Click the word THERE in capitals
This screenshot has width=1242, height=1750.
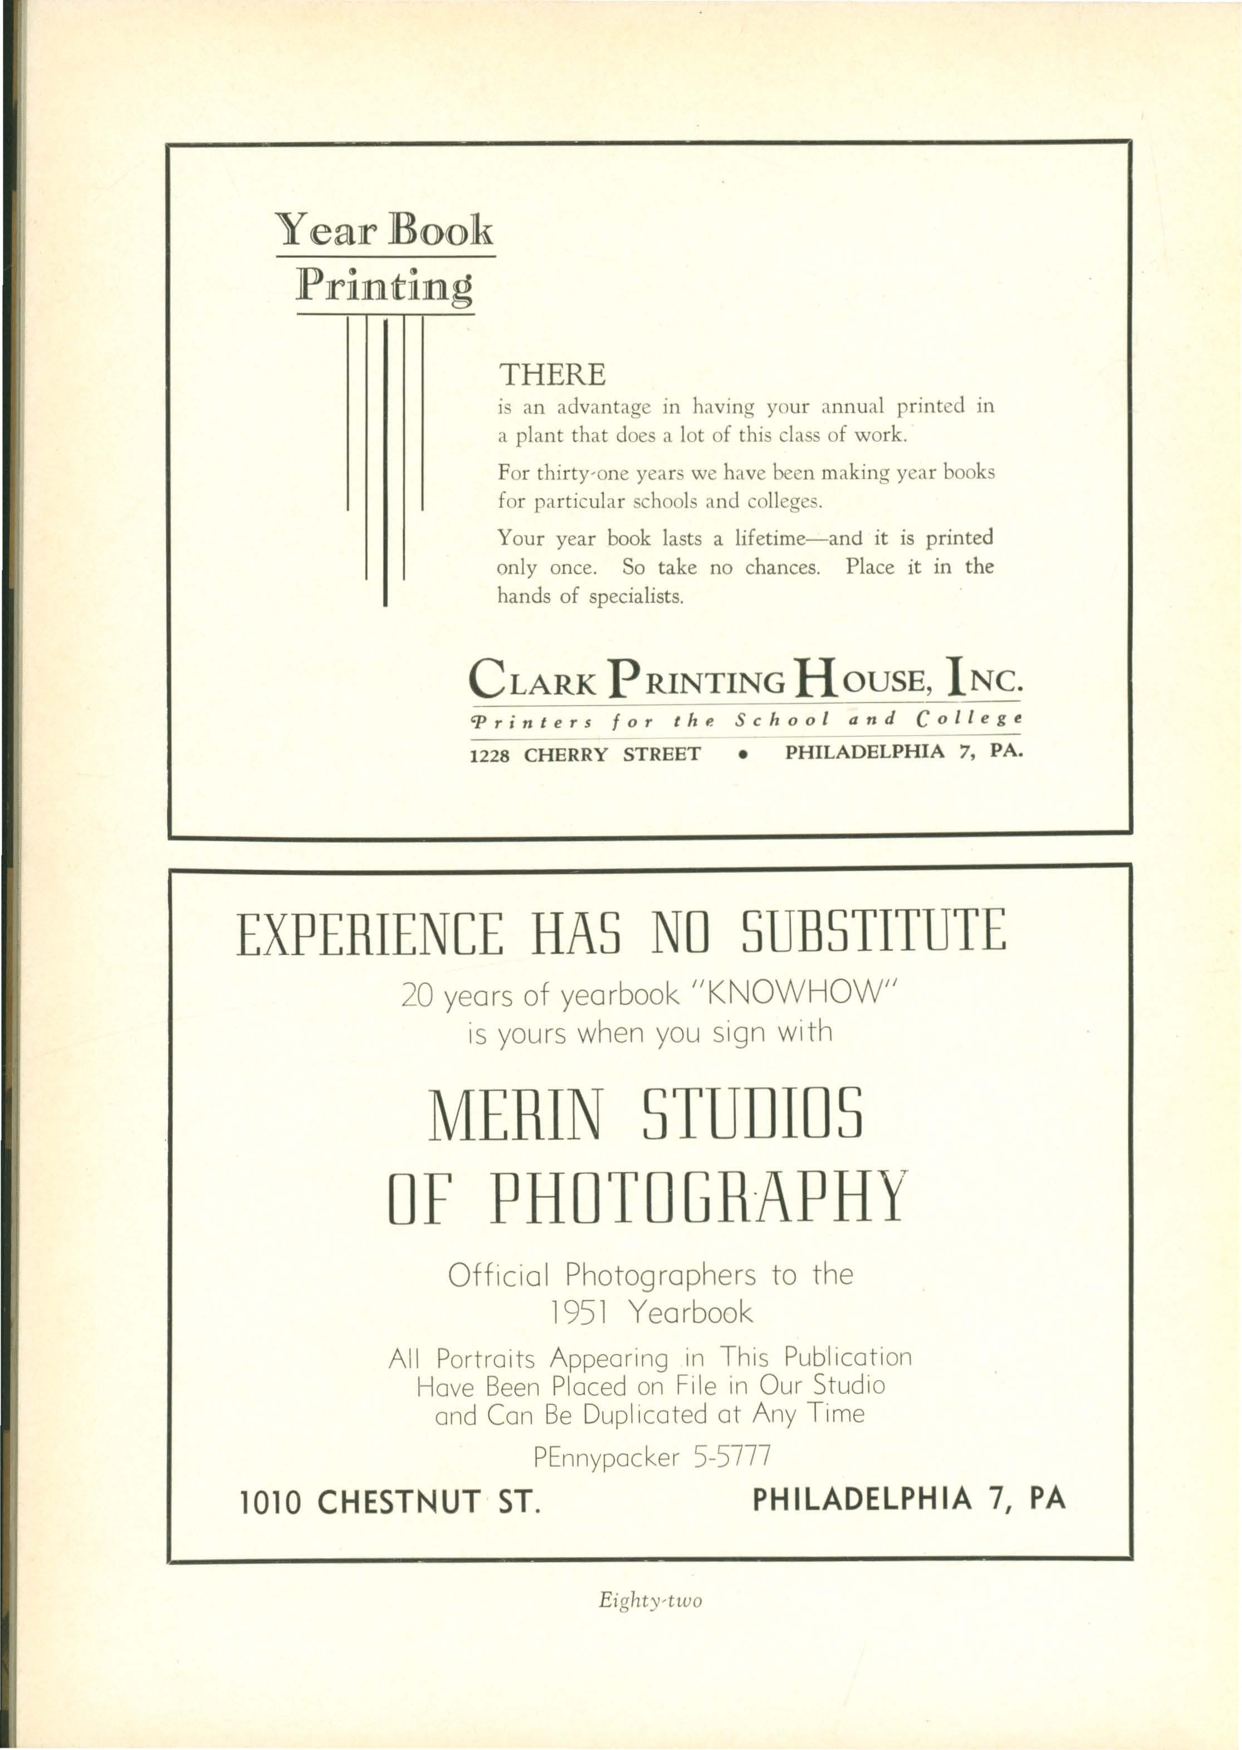coord(551,375)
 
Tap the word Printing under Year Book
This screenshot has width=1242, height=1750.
coord(384,287)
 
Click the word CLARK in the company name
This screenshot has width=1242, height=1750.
coord(532,679)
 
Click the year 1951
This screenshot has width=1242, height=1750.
coord(579,1313)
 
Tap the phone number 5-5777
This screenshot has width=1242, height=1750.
coord(731,1457)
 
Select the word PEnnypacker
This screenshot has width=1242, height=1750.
coord(606,1458)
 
